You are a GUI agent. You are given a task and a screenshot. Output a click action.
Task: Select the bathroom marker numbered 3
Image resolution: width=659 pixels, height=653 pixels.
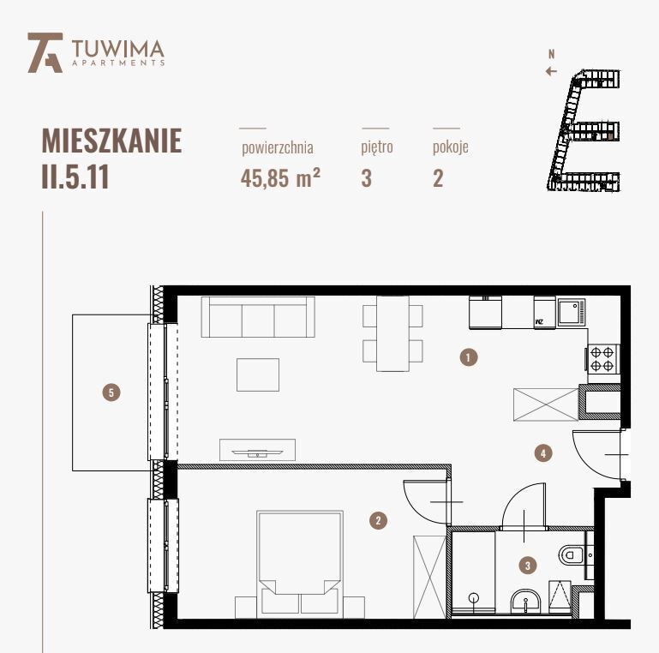(528, 565)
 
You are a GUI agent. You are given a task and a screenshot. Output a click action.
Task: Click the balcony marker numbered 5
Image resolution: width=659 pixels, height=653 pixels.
(110, 392)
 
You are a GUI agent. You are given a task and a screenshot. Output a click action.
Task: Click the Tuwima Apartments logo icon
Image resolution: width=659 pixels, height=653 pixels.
(45, 52)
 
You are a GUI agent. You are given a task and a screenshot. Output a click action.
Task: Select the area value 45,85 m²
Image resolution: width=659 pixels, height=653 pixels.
(280, 179)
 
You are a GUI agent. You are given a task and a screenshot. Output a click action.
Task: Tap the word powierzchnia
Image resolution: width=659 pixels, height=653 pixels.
(277, 147)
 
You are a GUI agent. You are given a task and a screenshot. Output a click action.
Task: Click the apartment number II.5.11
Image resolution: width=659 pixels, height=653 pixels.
(75, 177)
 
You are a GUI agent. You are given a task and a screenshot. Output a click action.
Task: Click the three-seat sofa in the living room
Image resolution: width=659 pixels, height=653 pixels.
(258, 317)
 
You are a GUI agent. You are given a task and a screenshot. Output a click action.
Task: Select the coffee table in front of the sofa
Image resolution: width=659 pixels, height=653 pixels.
(258, 374)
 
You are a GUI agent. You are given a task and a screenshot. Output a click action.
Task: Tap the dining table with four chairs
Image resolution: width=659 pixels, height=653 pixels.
(392, 333)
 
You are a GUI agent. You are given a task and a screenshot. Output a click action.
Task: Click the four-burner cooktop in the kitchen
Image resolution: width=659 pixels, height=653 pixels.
(602, 358)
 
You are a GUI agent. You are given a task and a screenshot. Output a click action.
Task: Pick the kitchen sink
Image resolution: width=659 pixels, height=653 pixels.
(571, 312)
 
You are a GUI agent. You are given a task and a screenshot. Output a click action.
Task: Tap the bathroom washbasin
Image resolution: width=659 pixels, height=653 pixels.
(524, 602)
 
